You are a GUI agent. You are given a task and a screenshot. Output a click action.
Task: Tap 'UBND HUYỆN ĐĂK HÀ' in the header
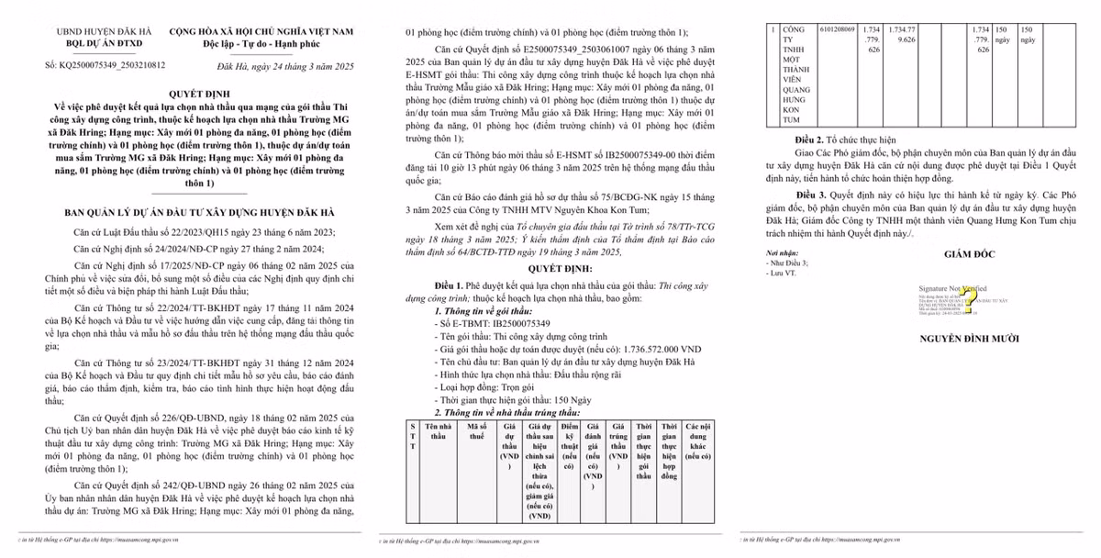coord(94,32)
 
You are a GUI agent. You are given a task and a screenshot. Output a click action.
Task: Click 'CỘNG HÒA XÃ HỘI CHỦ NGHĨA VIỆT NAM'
coord(260,32)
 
